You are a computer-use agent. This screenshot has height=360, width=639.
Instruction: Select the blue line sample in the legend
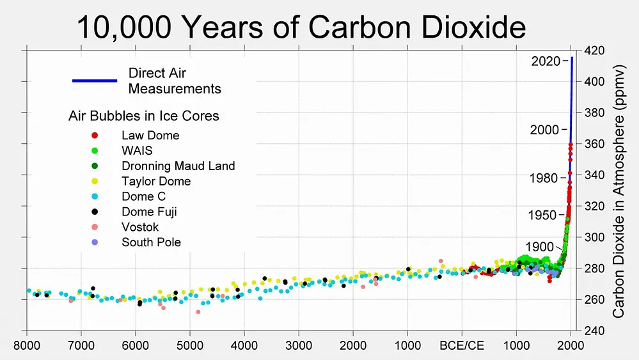tap(94, 81)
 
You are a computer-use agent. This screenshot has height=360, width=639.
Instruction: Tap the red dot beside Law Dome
tap(95, 136)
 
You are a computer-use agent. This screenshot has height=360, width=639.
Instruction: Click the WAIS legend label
tap(137, 151)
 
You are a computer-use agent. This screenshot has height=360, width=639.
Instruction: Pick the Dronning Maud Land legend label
tap(178, 166)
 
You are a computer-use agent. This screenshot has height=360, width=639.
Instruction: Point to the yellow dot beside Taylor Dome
tap(95, 182)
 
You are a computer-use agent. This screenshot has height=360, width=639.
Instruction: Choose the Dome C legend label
tap(143, 197)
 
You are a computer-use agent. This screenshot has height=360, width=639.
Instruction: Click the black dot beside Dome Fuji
tap(95, 212)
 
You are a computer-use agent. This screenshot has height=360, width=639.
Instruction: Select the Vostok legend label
tap(140, 228)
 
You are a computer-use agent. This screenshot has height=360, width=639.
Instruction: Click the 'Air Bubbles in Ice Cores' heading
tap(143, 116)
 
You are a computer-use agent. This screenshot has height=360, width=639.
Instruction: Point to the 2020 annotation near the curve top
tap(546, 61)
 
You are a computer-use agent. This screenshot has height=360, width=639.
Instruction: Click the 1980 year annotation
tap(544, 178)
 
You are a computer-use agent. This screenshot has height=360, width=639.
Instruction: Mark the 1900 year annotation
tap(539, 247)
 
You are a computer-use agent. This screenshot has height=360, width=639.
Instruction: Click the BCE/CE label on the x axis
tap(462, 346)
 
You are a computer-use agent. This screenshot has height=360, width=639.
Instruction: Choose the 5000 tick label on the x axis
tap(190, 346)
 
